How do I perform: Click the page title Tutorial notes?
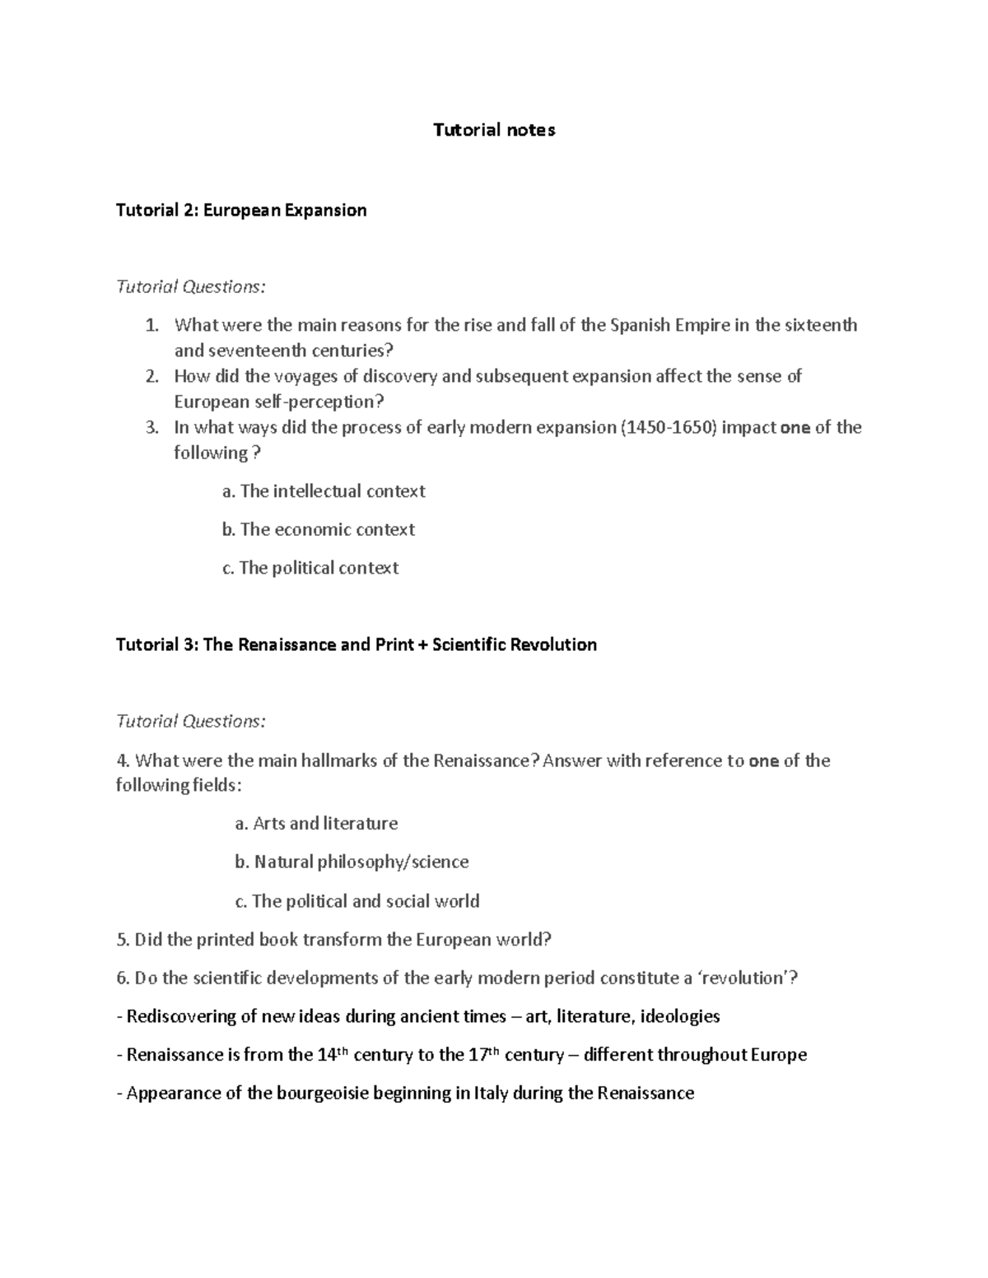(x=494, y=130)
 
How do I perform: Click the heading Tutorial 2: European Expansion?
(x=241, y=211)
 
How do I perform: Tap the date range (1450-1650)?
(x=667, y=427)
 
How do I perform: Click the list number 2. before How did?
(x=151, y=377)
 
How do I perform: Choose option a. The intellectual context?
(x=324, y=491)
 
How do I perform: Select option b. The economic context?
(x=319, y=530)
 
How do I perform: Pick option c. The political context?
(x=310, y=569)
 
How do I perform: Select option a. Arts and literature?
(x=316, y=824)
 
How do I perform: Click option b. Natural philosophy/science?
(x=352, y=862)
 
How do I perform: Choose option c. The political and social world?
(x=357, y=901)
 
